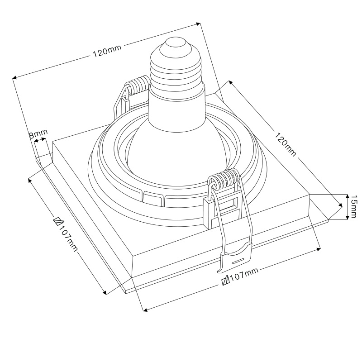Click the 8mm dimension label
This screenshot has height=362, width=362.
click(x=38, y=133)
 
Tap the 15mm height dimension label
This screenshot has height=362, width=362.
click(x=354, y=206)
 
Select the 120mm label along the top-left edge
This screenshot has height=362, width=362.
click(x=107, y=51)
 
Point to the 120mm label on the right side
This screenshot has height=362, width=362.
click(x=285, y=144)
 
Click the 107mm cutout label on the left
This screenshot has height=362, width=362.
click(x=66, y=234)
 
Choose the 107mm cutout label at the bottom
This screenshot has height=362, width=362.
click(x=240, y=276)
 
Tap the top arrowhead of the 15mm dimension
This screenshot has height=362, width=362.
click(x=347, y=197)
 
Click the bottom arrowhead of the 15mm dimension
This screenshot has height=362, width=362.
click(x=347, y=217)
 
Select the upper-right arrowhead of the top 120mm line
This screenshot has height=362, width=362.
click(x=198, y=24)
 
